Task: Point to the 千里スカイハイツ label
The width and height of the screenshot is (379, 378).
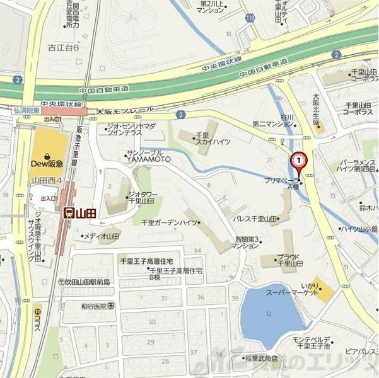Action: point(202,139)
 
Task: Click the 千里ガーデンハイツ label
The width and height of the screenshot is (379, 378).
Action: point(170,222)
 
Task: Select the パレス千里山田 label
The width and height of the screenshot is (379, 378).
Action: point(255,219)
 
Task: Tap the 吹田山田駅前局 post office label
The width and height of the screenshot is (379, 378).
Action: point(86,282)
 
